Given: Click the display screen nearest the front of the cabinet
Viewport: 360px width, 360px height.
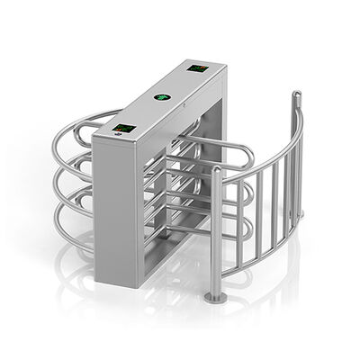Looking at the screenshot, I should pyautogui.click(x=123, y=128).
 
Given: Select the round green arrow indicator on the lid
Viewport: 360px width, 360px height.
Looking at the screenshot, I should pyautogui.click(x=163, y=96).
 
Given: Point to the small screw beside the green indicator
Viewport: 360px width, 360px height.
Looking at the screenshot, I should pyautogui.click(x=184, y=103).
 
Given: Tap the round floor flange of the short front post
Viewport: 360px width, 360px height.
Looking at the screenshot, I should pyautogui.click(x=213, y=298).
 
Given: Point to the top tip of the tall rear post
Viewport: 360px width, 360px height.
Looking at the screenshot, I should pyautogui.click(x=296, y=93).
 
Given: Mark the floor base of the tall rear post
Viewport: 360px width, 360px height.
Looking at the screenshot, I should pyautogui.click(x=300, y=213).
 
